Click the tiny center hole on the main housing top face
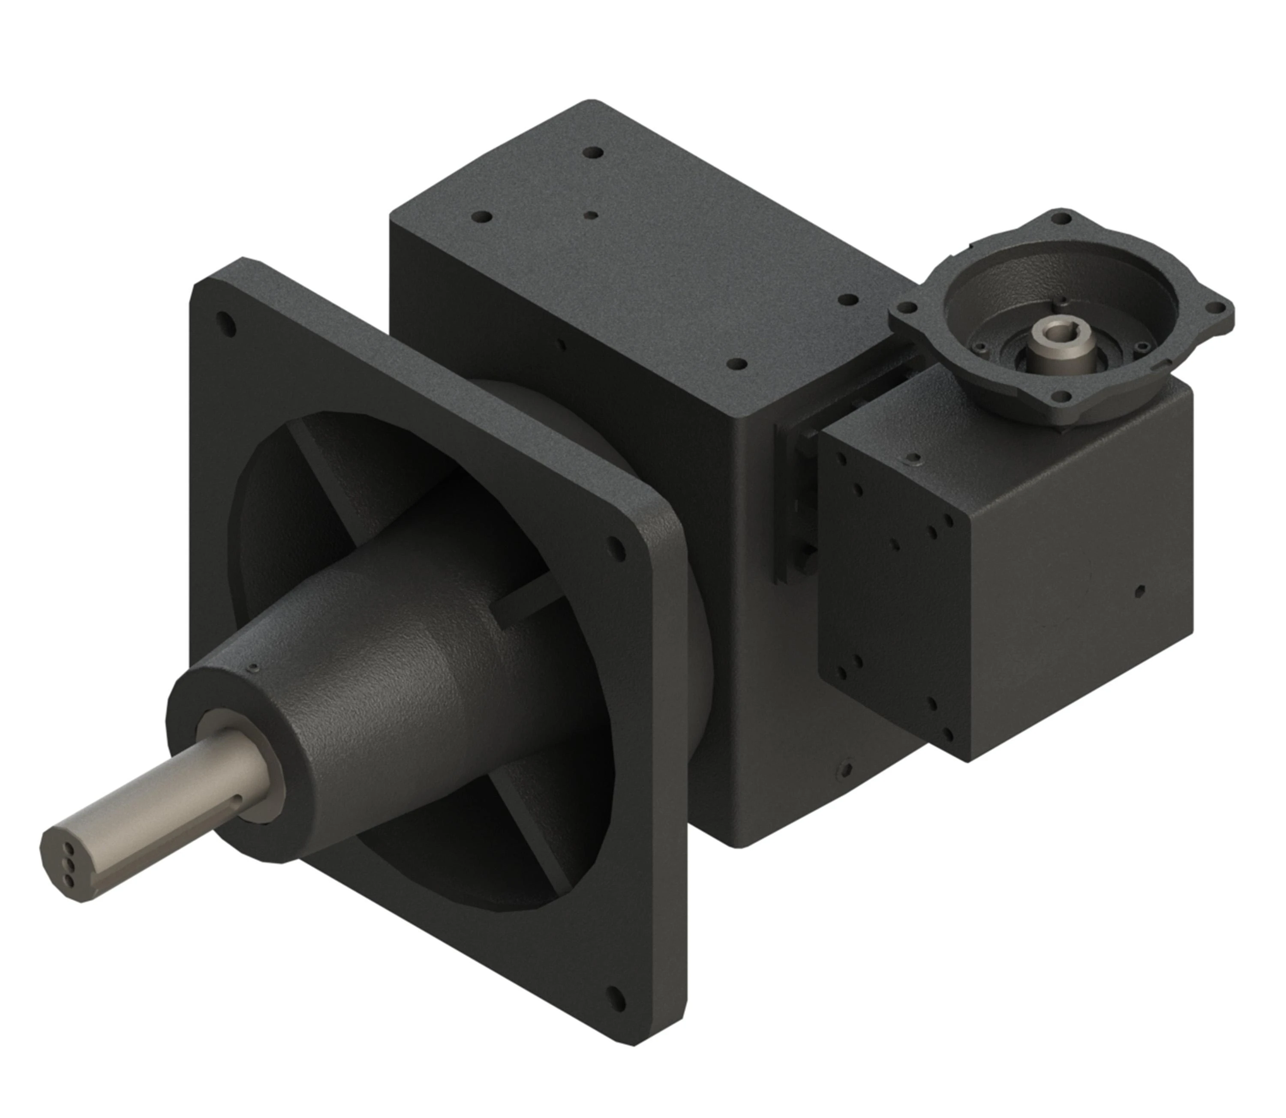coord(592,216)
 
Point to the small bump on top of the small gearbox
coord(915,459)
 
